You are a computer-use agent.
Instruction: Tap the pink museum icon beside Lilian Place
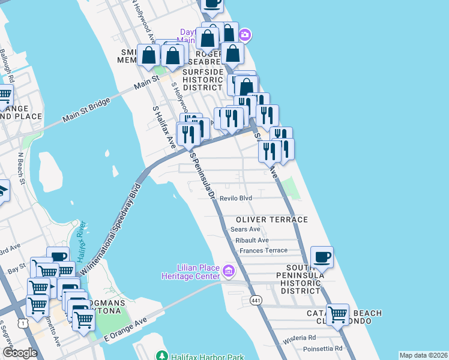(228, 272)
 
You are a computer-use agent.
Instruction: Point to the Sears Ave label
(246, 229)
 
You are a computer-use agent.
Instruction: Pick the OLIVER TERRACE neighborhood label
(271, 220)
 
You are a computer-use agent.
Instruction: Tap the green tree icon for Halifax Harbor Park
(161, 356)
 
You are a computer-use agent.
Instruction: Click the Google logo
(19, 353)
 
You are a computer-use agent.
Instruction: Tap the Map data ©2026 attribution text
(423, 355)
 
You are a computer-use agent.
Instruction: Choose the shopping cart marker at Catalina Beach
(337, 314)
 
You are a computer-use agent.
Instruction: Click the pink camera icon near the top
(246, 35)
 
